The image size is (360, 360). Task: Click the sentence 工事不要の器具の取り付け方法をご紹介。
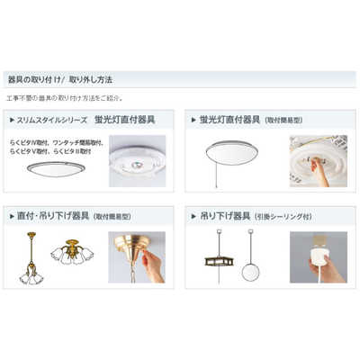pyautogui.click(x=66, y=97)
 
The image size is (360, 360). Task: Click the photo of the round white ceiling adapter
pyautogui.click(x=138, y=162)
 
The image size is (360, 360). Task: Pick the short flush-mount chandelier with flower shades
pyautogui.click(x=73, y=255)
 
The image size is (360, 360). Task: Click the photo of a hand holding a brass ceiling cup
pyautogui.click(x=137, y=257)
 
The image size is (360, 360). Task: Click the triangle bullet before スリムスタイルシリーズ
pyautogui.click(x=11, y=119)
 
